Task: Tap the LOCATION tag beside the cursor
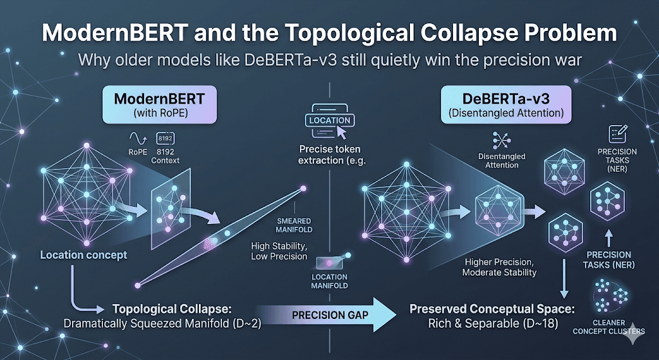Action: coord(329,120)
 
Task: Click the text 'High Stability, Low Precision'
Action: coord(280,252)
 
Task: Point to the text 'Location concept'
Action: coord(84,254)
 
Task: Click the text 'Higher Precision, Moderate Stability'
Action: coord(499,267)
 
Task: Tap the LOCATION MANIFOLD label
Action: coord(329,281)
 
